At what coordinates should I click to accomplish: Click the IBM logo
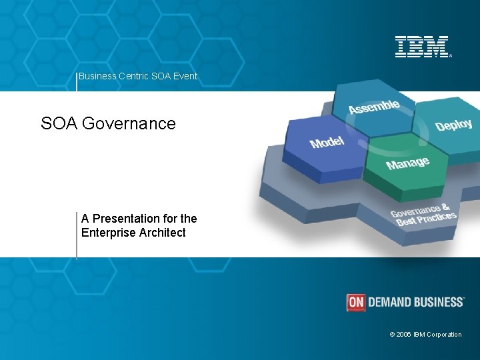click(x=422, y=47)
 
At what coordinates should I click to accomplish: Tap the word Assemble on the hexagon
click(x=374, y=106)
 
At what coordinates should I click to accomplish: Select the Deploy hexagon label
click(x=453, y=125)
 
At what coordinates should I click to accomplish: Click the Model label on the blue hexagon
click(x=327, y=142)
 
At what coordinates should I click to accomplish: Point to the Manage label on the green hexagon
click(x=407, y=163)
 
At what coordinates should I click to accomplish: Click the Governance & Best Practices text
click(x=423, y=215)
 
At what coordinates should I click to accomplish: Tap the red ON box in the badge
click(x=356, y=302)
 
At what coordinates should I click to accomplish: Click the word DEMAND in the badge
click(x=391, y=302)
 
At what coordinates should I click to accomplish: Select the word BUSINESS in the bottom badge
click(x=439, y=302)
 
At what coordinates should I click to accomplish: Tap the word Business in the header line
click(x=97, y=76)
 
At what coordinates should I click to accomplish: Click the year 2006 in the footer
click(x=404, y=335)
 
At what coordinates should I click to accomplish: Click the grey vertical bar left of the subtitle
click(x=77, y=233)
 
